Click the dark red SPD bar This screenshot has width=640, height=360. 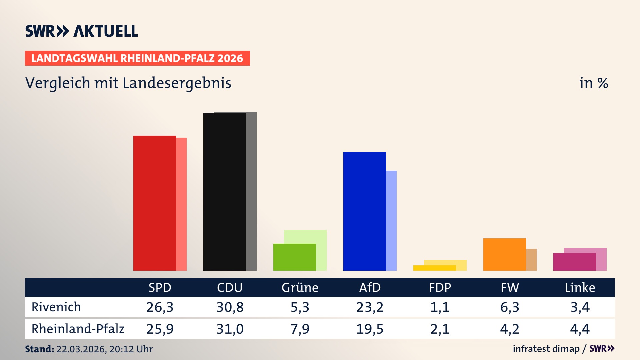pos(154,203)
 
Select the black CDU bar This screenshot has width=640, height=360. pos(224,192)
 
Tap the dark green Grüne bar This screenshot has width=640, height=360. pos(294,257)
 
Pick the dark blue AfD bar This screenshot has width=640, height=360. pos(364,211)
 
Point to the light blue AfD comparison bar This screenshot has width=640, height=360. pos(391,220)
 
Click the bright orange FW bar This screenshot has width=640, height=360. pos(504,254)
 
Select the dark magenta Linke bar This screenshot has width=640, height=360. pos(574,262)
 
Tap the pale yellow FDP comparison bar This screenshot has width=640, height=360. pos(445,263)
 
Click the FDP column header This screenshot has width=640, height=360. pos(440,288)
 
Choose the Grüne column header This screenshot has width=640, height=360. pos(300,288)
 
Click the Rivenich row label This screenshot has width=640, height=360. pos(56,307)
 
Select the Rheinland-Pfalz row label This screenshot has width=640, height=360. pos(78,329)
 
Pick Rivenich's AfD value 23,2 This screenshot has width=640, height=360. pos(370,307)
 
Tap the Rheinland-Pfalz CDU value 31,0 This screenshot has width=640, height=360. pos(230,329)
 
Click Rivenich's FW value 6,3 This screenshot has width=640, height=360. pos(510,307)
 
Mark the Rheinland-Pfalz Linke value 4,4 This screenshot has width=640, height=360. pos(580,329)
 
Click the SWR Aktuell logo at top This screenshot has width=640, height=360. pos(82,31)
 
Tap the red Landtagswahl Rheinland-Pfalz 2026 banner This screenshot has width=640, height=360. pos(137,58)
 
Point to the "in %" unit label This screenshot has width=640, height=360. pos(593,83)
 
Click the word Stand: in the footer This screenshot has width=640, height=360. pos(39,349)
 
